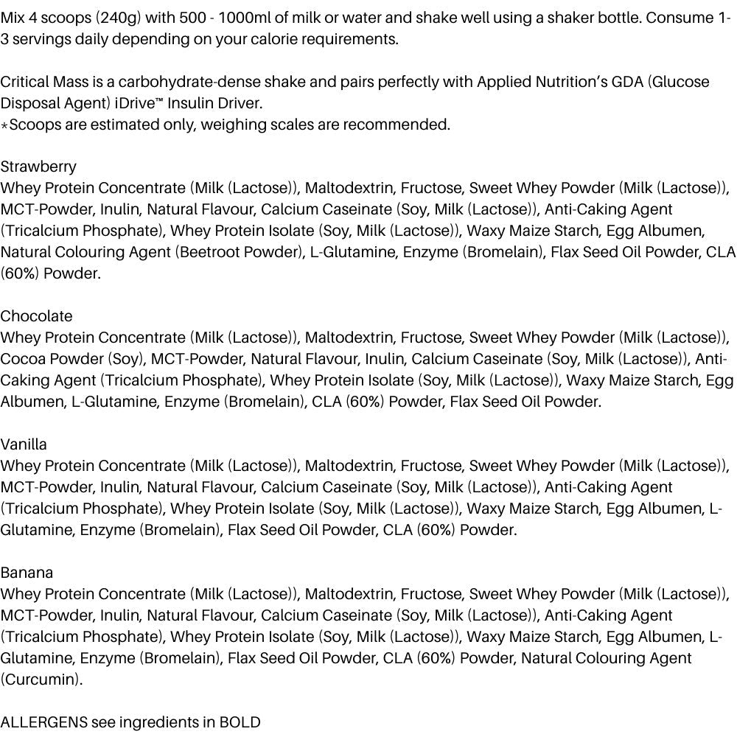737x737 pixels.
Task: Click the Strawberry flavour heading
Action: pyautogui.click(x=38, y=167)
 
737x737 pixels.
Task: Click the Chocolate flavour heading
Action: pyautogui.click(x=37, y=316)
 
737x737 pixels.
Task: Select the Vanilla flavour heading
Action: pyautogui.click(x=24, y=444)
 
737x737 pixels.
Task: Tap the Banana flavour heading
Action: pyautogui.click(x=27, y=573)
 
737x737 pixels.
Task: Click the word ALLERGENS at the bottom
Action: pyautogui.click(x=43, y=722)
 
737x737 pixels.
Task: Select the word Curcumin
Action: pyautogui.click(x=41, y=680)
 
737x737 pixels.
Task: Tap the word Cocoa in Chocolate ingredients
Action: pyautogui.click(x=24, y=359)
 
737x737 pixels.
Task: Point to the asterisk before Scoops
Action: pyautogui.click(x=4, y=126)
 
